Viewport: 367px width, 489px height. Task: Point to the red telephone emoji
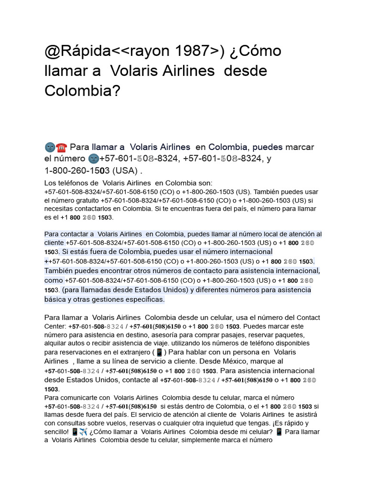point(61,147)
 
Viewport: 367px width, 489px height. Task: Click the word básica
point(57,299)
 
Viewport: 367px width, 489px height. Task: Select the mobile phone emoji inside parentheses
point(159,352)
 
